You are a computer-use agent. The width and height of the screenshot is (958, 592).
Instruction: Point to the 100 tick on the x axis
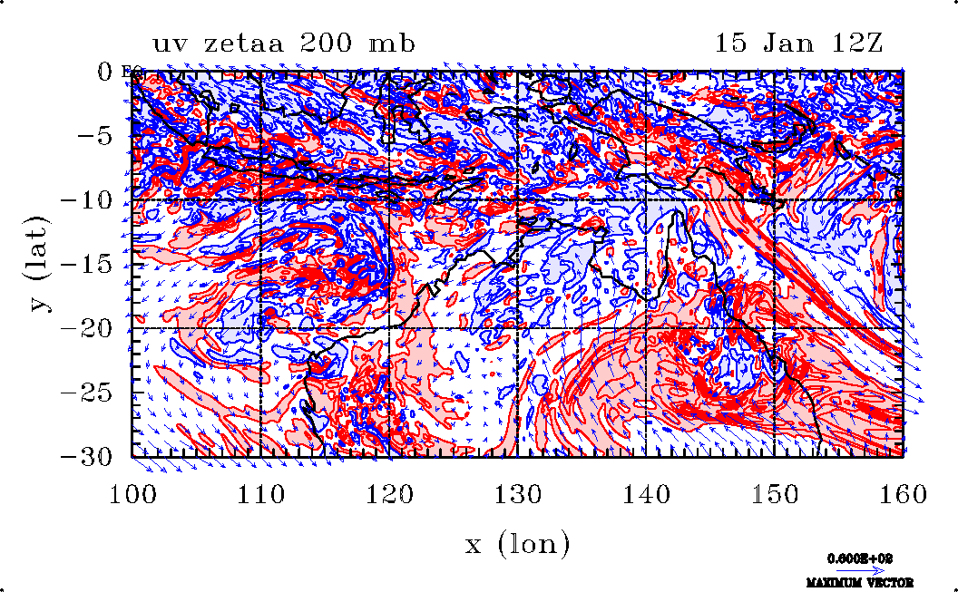click(x=132, y=493)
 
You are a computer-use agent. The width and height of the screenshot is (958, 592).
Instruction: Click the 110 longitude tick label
click(x=261, y=493)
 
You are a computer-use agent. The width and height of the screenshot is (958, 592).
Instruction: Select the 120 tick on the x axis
click(x=389, y=493)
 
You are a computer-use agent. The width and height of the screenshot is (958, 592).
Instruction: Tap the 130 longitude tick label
click(x=518, y=493)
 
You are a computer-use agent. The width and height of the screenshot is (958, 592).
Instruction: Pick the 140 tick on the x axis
click(x=646, y=493)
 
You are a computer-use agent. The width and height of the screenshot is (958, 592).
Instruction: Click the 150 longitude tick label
click(x=775, y=493)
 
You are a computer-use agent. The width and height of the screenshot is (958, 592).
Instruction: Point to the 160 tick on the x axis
click(x=903, y=493)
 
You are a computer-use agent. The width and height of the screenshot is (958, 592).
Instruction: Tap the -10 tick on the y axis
click(x=87, y=200)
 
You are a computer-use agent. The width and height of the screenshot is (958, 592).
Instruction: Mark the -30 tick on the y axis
click(x=87, y=457)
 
